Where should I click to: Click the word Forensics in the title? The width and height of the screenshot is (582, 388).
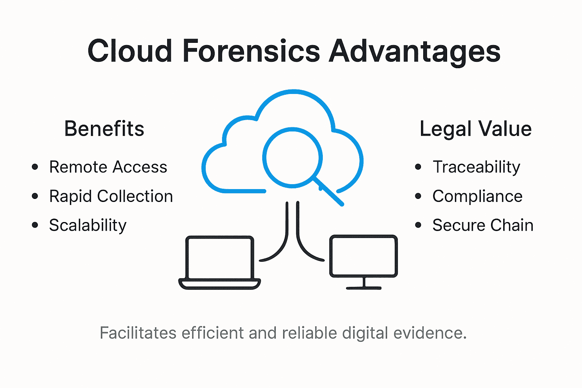[x=251, y=51]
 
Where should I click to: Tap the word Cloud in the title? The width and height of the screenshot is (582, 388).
[x=130, y=51]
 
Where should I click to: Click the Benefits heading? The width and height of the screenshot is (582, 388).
[x=104, y=129]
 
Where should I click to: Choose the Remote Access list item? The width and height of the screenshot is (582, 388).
[x=108, y=167]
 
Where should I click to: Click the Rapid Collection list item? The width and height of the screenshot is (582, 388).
[x=111, y=196]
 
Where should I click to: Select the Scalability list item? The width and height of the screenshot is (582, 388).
[x=88, y=225]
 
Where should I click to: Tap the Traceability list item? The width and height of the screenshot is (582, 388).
[x=476, y=167]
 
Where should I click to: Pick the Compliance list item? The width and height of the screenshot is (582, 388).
[x=477, y=196]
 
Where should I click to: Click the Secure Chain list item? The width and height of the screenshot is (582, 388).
[x=483, y=225]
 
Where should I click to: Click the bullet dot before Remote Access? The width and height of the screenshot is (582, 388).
[x=35, y=167]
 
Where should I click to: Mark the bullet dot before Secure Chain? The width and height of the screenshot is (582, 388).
[x=418, y=225]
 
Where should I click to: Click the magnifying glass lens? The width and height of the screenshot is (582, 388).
[x=292, y=157]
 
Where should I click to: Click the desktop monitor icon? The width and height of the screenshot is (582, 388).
[x=363, y=257]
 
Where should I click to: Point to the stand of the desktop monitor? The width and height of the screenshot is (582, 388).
[x=364, y=284]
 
